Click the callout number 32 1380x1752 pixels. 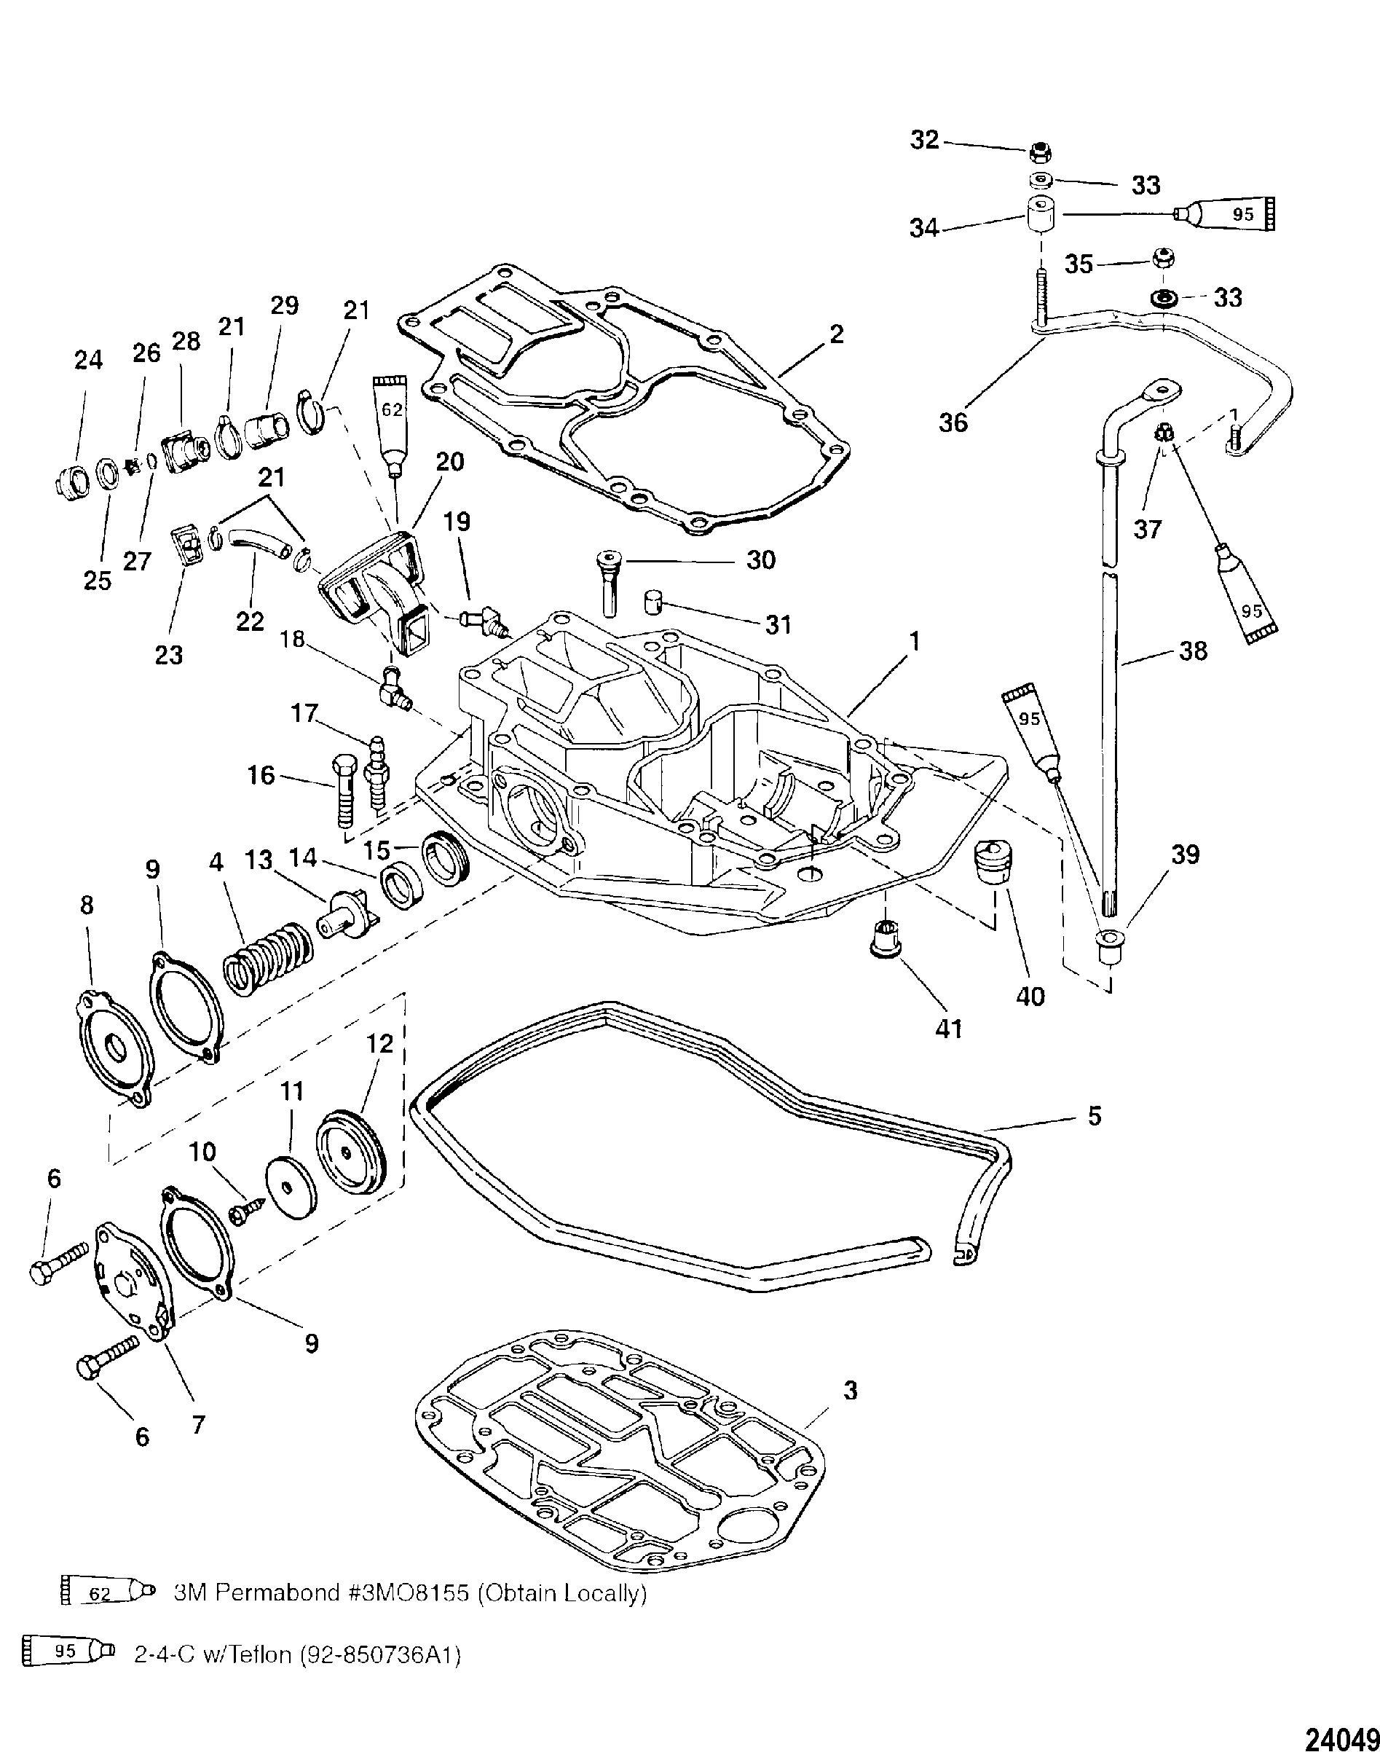point(925,140)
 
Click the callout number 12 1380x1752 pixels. point(379,1043)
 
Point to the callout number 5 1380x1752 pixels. point(1094,1115)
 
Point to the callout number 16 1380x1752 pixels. point(261,776)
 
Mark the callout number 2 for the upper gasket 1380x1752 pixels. point(836,333)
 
